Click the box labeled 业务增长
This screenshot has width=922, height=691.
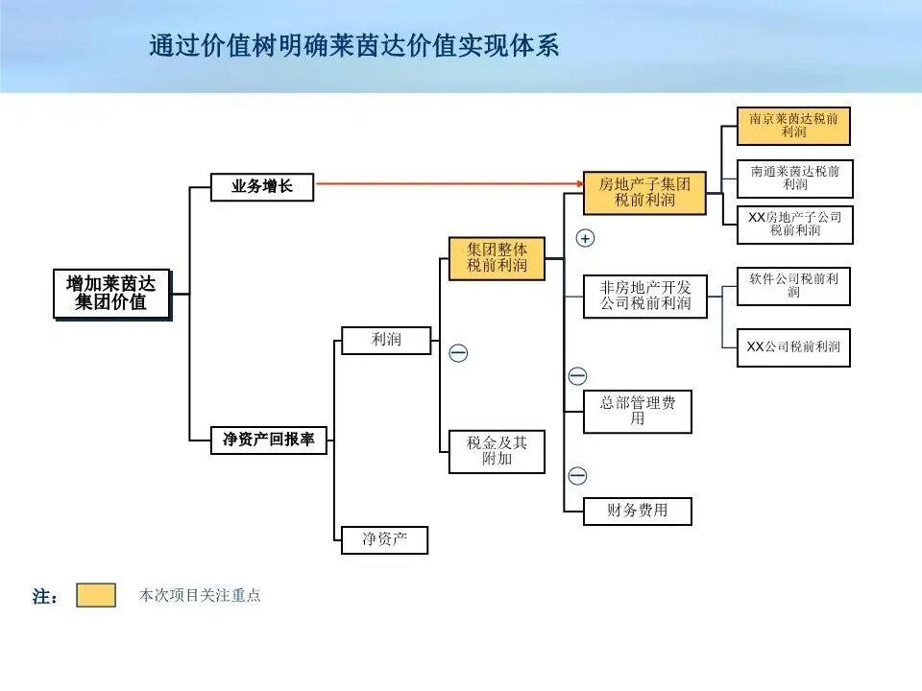click(x=262, y=187)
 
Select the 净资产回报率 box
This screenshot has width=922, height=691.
click(x=269, y=441)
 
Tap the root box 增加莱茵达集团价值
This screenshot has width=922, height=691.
click(x=111, y=294)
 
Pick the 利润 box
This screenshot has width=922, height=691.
click(x=386, y=340)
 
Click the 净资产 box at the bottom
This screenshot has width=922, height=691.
click(x=384, y=539)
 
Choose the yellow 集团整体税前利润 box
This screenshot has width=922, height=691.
click(x=497, y=258)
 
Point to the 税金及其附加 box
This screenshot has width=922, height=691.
click(x=497, y=451)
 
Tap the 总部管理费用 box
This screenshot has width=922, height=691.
click(x=638, y=411)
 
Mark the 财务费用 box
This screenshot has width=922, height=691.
click(x=638, y=511)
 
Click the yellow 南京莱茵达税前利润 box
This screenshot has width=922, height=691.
click(x=793, y=126)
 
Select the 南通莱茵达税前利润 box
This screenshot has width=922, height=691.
click(x=794, y=179)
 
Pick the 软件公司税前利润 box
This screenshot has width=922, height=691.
click(x=793, y=286)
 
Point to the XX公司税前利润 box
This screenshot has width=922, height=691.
click(x=793, y=346)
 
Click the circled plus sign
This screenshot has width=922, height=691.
click(x=585, y=238)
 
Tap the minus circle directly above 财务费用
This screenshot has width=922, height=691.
click(x=577, y=476)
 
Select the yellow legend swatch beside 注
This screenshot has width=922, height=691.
click(x=96, y=595)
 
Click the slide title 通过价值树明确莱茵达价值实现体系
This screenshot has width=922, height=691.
click(x=354, y=46)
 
